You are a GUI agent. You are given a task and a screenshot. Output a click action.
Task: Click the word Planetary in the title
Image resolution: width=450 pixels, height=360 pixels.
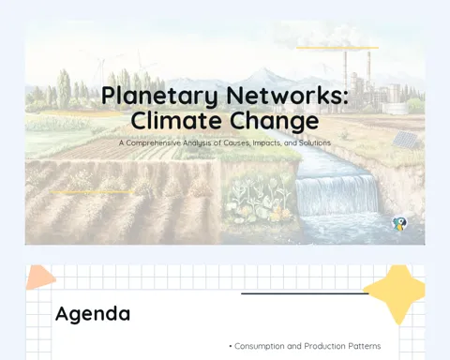click(159, 97)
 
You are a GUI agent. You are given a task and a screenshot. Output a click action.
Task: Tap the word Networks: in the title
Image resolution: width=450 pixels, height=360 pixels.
click(288, 95)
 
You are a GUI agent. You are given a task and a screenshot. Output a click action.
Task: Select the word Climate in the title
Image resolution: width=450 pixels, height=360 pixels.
click(176, 120)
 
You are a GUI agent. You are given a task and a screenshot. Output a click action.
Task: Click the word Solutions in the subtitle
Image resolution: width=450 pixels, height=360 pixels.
click(315, 142)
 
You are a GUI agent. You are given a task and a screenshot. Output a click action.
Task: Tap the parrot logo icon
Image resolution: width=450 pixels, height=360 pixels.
click(399, 224)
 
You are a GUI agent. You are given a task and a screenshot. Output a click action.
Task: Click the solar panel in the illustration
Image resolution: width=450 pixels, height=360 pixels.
click(405, 139)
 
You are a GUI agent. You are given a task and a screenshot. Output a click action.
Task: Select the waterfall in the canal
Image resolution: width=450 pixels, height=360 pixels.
click(337, 194)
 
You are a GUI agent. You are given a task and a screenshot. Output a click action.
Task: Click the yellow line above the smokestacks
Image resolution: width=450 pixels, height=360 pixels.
click(337, 48)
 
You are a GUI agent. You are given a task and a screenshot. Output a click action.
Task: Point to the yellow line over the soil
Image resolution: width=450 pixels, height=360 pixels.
click(91, 192)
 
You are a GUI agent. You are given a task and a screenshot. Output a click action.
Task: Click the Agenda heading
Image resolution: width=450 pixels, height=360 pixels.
click(93, 314)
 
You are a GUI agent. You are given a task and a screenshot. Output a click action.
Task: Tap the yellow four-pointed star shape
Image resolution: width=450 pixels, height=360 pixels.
click(397, 293)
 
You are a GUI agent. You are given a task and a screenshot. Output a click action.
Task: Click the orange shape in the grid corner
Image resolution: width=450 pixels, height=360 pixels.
click(39, 277)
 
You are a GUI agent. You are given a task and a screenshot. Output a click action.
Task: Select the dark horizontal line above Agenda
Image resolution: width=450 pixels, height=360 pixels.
click(305, 293)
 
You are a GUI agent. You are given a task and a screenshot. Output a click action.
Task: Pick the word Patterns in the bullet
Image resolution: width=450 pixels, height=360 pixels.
click(365, 346)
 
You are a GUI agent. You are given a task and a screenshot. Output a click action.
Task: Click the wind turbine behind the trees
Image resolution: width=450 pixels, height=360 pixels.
click(101, 69)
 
